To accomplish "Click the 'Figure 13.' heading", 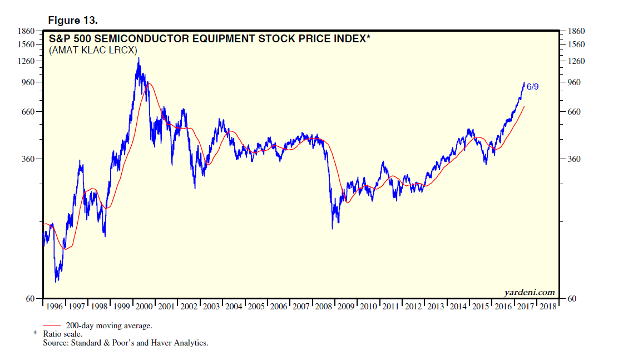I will (x=73, y=21).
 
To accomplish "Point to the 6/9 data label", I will (x=532, y=86).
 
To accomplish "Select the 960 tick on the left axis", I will (x=28, y=82).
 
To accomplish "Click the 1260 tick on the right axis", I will (x=577, y=61).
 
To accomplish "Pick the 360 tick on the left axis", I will (x=28, y=159).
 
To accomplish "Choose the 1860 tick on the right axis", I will (x=577, y=31).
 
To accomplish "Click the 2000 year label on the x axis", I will (x=144, y=307).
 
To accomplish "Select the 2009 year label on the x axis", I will (x=346, y=307).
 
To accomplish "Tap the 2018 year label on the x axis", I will (x=548, y=307).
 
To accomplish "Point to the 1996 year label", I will (x=54, y=307).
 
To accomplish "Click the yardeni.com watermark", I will (x=529, y=292).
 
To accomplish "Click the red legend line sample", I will (x=52, y=326).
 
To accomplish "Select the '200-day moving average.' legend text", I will (x=109, y=326).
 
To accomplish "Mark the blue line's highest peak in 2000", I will (x=138, y=58).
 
